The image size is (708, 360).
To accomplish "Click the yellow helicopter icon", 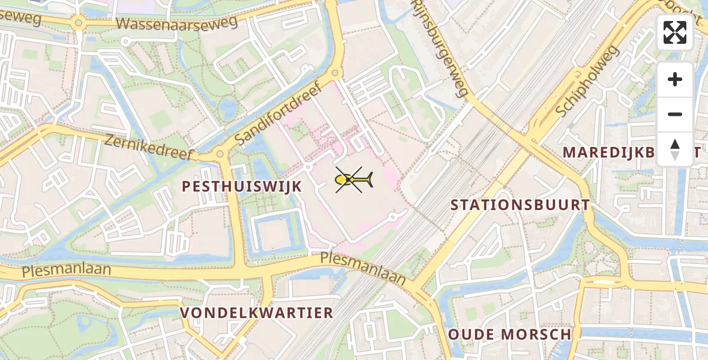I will (353, 179).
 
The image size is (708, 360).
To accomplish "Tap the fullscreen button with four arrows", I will (675, 32).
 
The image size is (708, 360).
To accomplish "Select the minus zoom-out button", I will (675, 114).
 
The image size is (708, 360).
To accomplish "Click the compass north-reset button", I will (675, 149).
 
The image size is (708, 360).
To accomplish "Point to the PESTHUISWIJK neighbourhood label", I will (242, 187).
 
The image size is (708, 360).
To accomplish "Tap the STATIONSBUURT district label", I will (520, 205).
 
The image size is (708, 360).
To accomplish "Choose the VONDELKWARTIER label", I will (256, 313).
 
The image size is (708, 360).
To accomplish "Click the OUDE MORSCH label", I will (509, 334).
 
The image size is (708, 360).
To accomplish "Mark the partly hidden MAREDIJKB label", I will (609, 152).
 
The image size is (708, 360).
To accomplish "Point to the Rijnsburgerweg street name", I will (440, 48).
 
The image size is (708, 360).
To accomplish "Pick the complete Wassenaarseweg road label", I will (177, 23).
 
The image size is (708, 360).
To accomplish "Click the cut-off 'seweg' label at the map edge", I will (20, 19).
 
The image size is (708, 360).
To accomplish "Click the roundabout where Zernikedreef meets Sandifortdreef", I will (220, 154).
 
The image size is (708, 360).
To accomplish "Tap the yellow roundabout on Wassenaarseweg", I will (78, 23).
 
